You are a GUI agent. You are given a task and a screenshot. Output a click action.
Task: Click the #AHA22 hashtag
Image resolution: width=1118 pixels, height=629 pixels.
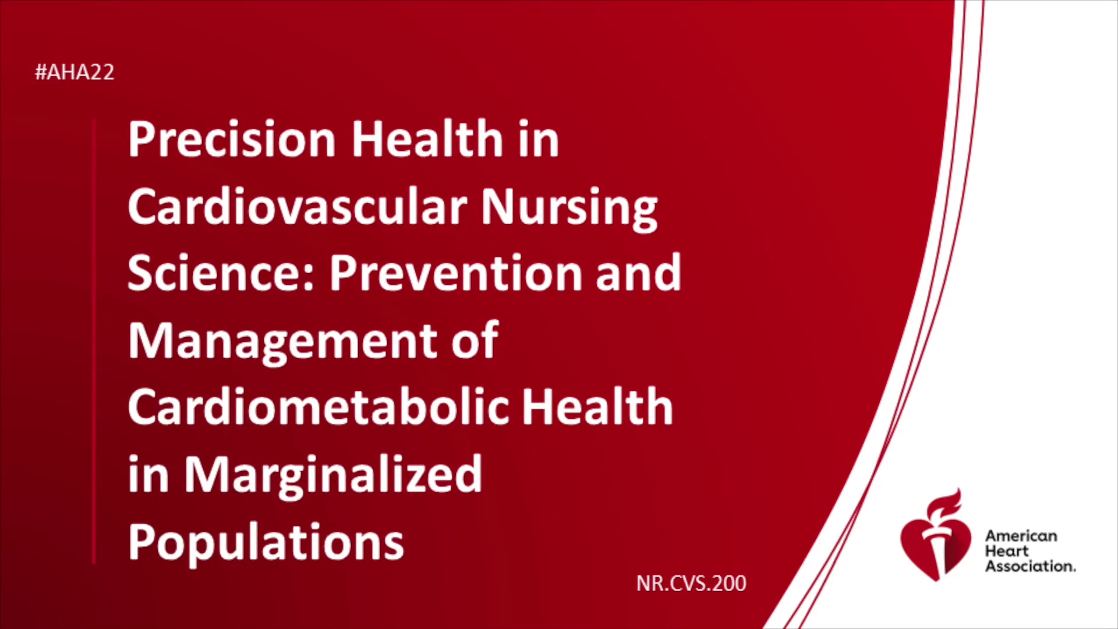75,72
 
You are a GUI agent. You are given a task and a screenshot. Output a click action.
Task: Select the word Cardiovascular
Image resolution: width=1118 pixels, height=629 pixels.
298,206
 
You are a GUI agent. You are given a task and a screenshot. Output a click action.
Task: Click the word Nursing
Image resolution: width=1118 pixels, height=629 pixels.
569,209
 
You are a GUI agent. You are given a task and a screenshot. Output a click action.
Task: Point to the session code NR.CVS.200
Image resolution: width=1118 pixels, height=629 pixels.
691,584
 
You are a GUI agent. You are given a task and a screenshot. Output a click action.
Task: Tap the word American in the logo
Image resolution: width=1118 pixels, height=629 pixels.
1021,536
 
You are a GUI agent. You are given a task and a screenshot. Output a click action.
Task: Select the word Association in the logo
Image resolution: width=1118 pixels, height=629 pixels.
1030,566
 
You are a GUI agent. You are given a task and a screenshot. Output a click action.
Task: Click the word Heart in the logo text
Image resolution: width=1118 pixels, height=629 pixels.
1007,551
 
